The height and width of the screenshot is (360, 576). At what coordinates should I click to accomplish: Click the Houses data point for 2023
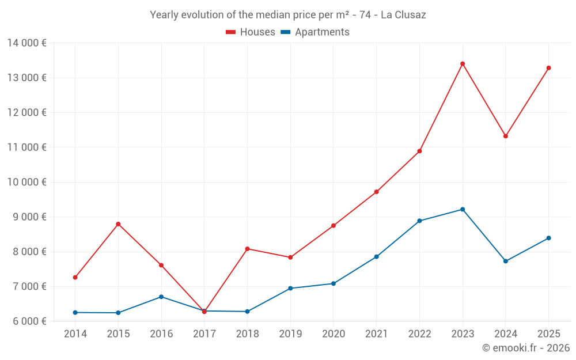coord(463,64)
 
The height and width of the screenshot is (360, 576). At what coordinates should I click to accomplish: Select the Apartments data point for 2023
coord(463,209)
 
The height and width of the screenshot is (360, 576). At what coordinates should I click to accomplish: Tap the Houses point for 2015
coord(118,224)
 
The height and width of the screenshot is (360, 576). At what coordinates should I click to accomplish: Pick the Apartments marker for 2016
coord(161,297)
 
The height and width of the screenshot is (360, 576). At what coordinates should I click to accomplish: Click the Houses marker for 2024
coord(506,136)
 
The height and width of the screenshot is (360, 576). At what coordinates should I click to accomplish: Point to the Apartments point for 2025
coord(548,238)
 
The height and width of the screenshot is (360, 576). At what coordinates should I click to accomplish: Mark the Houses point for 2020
coord(334,226)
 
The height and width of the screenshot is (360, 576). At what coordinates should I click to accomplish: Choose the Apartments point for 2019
coord(290,288)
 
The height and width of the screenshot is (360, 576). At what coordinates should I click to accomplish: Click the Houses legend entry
coord(251,32)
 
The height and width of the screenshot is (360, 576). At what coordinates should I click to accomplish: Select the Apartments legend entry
coord(315,32)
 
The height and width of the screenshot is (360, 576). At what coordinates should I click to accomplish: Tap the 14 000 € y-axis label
coord(28,43)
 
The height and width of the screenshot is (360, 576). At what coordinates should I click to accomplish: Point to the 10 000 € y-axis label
coord(28,182)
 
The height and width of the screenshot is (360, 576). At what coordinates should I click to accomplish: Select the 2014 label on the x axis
coord(75,334)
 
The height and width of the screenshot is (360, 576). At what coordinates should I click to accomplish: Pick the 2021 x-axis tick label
coord(377,334)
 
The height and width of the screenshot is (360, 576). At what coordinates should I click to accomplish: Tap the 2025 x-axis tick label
coord(548,334)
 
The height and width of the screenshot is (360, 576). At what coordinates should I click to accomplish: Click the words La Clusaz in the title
coord(403,15)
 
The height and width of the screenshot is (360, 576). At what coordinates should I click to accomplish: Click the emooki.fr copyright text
coord(526,348)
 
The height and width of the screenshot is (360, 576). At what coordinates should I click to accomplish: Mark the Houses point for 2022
coord(419,151)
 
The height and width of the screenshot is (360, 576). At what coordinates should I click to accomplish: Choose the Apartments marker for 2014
coord(75,312)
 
